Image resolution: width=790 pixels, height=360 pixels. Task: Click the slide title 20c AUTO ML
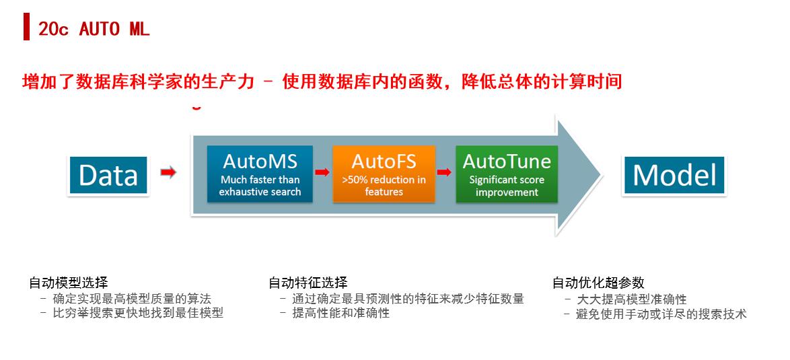coord(94,29)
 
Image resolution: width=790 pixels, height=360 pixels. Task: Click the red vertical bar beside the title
coord(26,28)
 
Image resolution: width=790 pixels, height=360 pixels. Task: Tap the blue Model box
coord(675,176)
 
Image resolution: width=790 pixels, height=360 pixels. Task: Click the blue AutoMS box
coord(260,174)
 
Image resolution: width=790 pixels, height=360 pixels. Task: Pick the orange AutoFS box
coord(384,174)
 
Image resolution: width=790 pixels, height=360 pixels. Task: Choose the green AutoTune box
coord(507,174)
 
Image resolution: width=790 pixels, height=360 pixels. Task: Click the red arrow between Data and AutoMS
coord(168,174)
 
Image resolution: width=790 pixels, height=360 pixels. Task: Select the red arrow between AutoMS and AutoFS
coord(322,172)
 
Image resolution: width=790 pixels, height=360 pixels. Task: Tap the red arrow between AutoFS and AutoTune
coord(445,172)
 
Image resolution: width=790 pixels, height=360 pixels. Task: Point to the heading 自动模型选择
coord(68,283)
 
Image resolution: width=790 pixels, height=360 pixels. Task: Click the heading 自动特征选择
coord(308,283)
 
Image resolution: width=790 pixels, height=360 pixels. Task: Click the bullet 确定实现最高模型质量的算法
coord(131,298)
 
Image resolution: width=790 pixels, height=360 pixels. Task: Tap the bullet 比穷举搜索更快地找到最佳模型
coord(137,313)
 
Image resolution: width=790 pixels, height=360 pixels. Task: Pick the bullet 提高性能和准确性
coord(340,313)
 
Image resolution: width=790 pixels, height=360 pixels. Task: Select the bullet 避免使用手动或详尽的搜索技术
coord(661,314)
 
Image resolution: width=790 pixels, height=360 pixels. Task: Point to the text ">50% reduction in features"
coord(384,186)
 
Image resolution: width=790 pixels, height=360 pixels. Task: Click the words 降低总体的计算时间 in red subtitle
coord(542,82)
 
